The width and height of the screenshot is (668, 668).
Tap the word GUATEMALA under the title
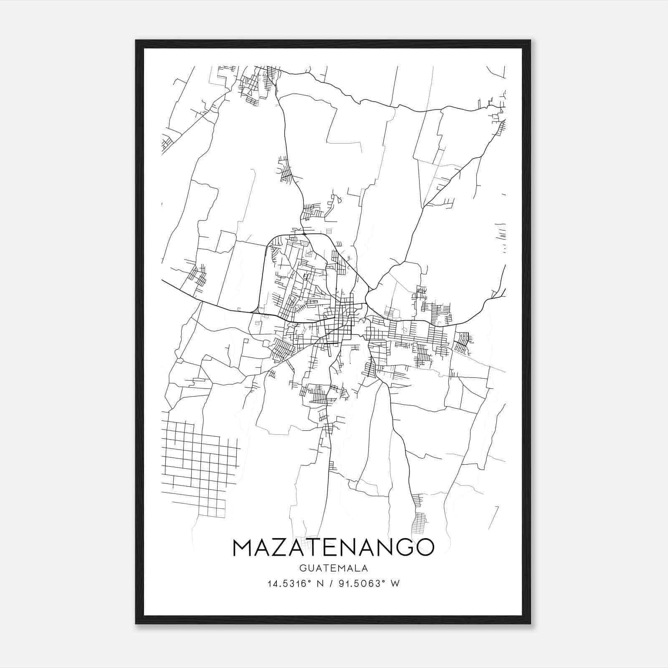[333, 568]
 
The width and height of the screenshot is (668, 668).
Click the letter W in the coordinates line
[395, 584]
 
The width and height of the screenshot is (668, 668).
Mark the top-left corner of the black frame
[136, 41]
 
